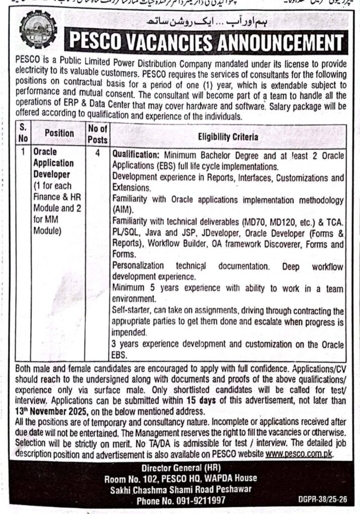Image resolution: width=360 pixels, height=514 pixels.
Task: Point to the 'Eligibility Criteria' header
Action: click(228, 136)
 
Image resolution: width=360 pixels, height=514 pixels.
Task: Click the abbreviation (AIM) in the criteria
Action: click(122, 209)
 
